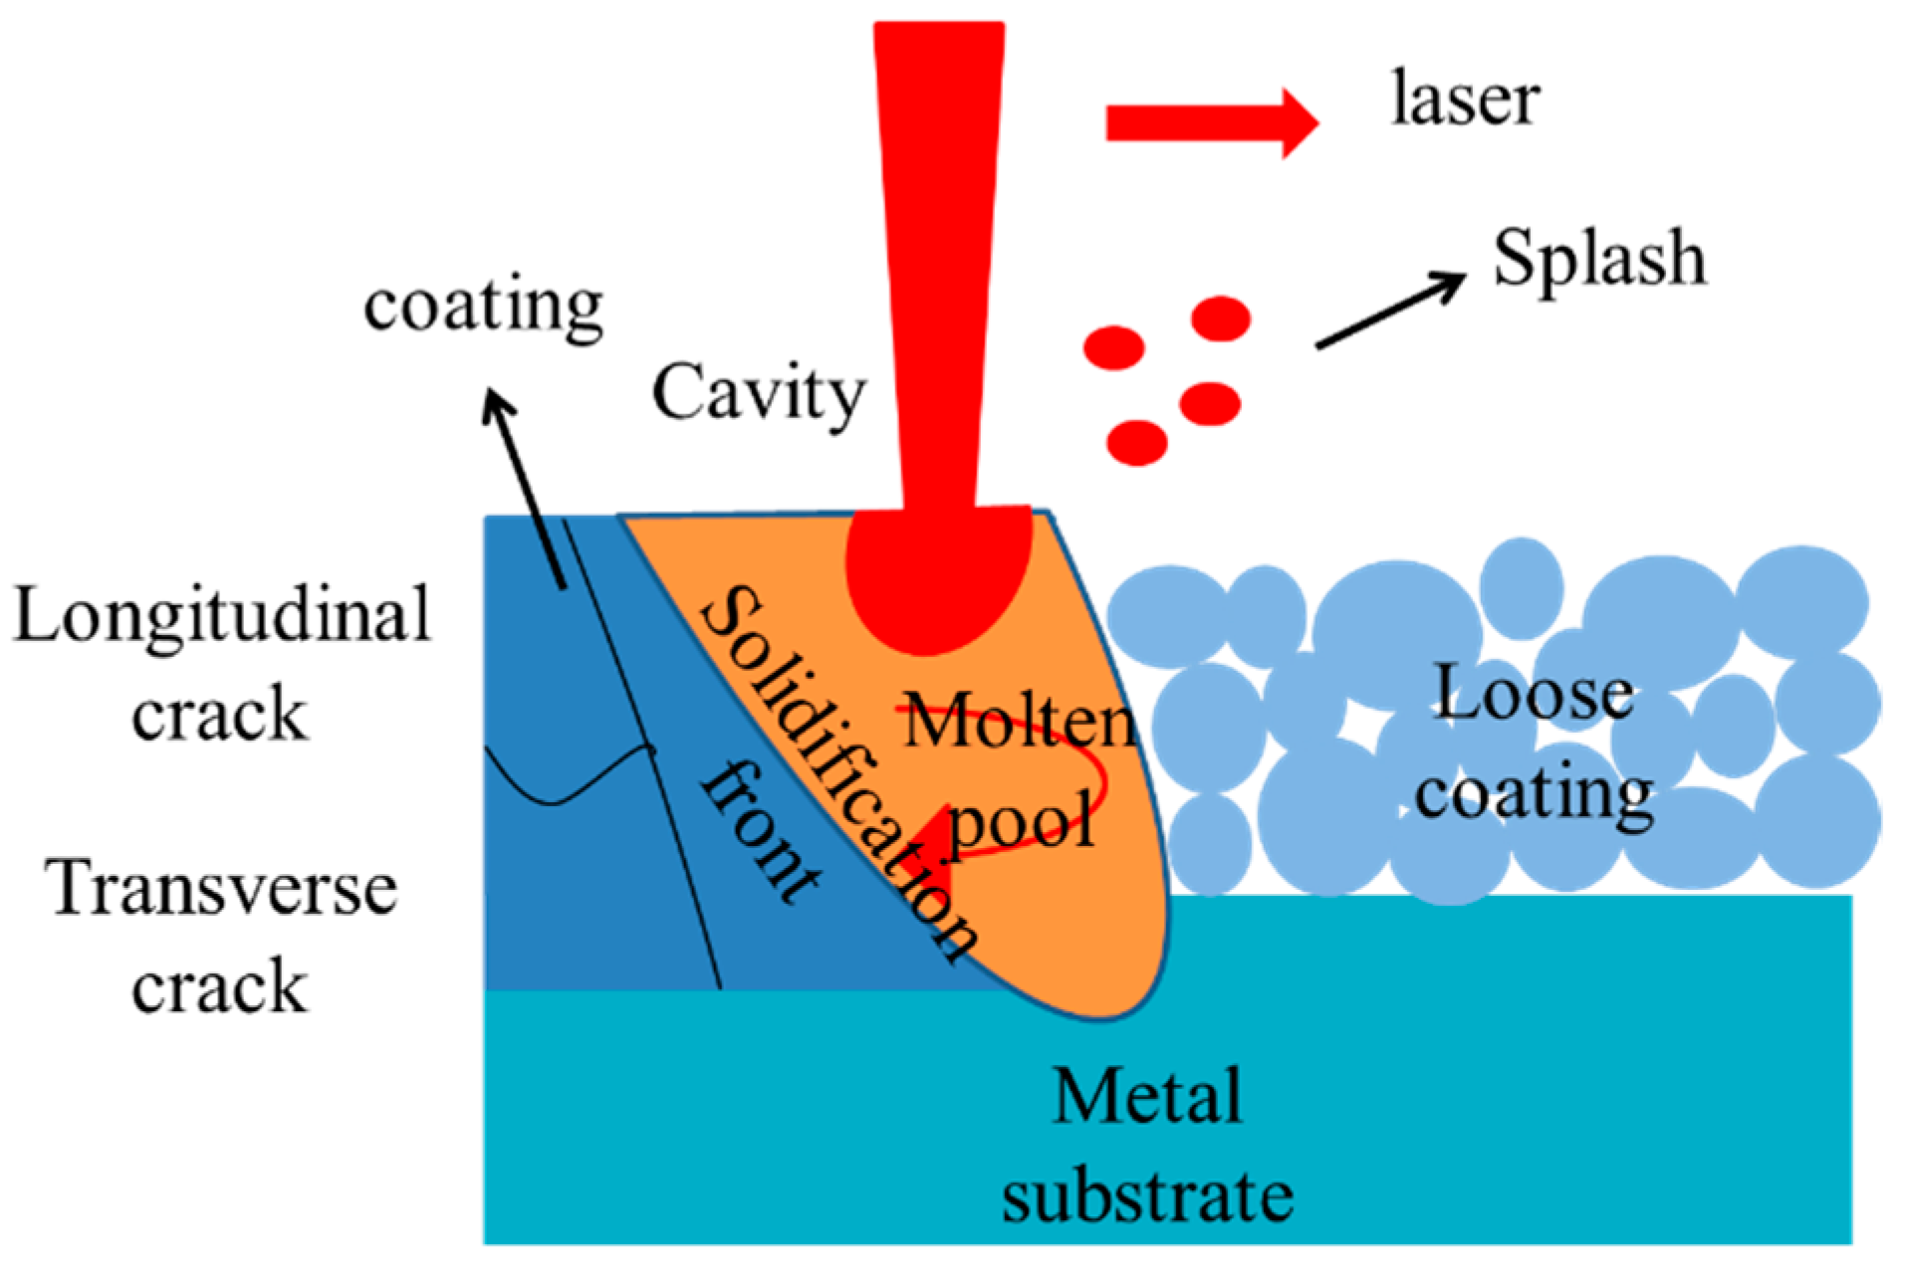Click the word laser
[x=1465, y=101]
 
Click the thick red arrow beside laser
[x=1210, y=123]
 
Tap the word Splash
[x=1598, y=258]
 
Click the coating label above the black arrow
[x=483, y=306]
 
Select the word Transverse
[x=221, y=888]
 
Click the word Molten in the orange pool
[x=1018, y=722]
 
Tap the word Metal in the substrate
[x=1147, y=1097]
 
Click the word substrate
[x=1147, y=1195]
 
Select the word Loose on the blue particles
[x=1534, y=694]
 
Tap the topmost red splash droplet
[x=1220, y=320]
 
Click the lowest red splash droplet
[x=1136, y=442]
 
